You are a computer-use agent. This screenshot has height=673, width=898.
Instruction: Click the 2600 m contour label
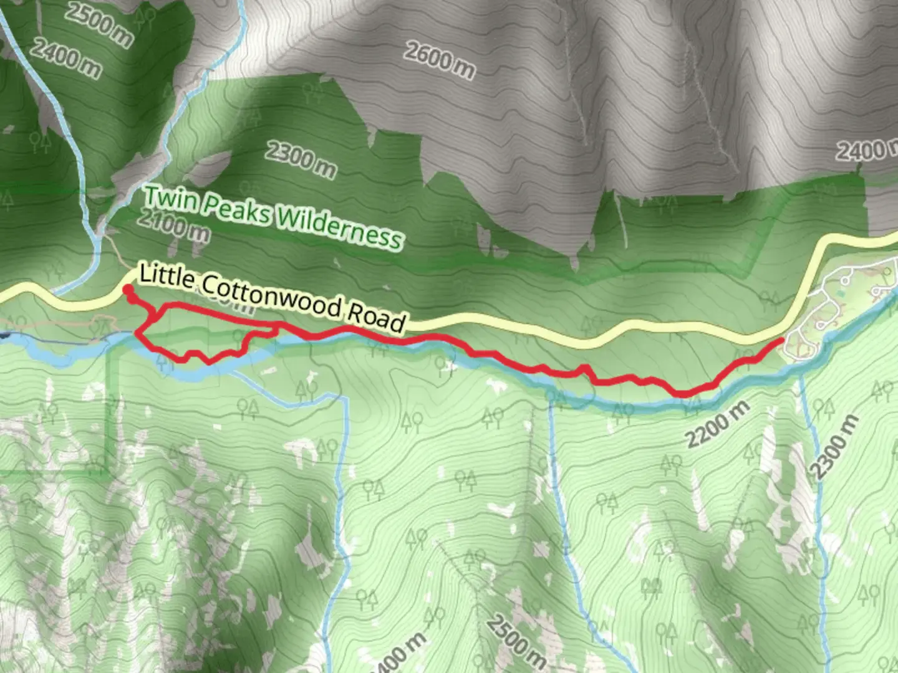pos(438,60)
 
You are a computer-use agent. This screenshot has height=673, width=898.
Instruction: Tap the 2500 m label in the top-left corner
pos(99,25)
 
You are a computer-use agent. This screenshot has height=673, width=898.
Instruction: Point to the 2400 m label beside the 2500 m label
pos(64,58)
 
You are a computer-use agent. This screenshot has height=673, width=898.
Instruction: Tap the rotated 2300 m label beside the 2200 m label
pos(835,447)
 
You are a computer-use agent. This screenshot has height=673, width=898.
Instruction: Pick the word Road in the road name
pos(376,317)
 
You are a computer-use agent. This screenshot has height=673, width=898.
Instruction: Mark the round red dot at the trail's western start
pos(127,289)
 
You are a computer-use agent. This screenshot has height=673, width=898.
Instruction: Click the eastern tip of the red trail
pos(781,340)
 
